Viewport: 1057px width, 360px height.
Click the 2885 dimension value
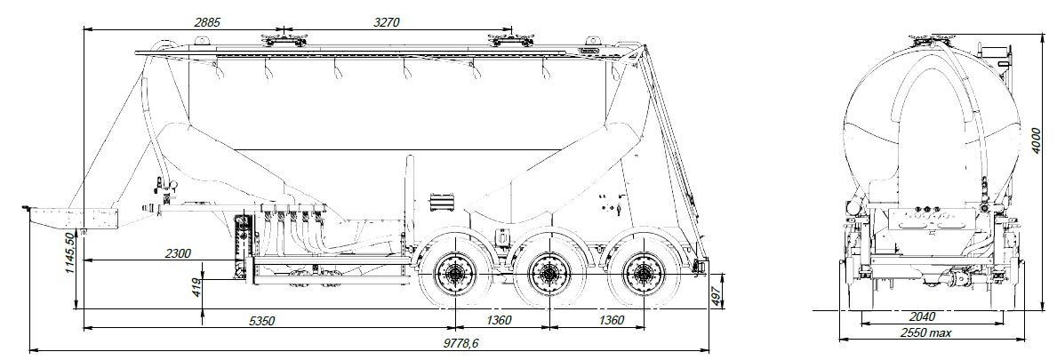(x=207, y=22)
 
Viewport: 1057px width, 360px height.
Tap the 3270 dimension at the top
(x=387, y=22)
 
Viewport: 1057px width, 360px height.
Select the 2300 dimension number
(x=177, y=253)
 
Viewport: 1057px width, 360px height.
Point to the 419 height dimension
(x=196, y=286)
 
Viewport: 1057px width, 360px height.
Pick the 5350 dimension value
(x=261, y=320)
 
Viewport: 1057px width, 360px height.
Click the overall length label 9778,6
(x=460, y=343)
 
